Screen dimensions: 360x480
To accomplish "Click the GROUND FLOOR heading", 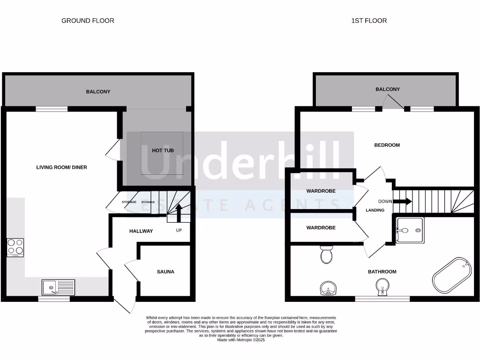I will tap(88, 21).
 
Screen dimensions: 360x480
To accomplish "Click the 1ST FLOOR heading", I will tap(369, 21).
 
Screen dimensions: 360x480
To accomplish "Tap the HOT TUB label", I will tap(163, 150).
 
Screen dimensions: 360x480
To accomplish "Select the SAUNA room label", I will tap(165, 271).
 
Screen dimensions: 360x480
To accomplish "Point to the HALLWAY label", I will tap(141, 231).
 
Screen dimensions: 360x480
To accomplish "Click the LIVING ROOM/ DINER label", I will tap(61, 167).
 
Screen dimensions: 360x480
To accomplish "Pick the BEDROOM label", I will tap(387, 145).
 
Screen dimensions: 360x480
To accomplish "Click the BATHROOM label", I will tap(382, 271).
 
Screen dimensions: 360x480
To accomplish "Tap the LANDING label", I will tap(375, 210).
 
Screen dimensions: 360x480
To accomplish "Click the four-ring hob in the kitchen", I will tap(15, 247).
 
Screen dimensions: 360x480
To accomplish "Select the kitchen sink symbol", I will tap(58, 286).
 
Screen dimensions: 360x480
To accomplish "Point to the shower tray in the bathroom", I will tap(409, 230).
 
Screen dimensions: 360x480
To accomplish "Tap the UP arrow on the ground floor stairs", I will tap(179, 211).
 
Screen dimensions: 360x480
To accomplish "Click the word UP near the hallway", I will tap(179, 231).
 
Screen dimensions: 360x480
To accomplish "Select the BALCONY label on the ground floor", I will tap(98, 92).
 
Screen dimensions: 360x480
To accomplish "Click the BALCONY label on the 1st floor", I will tap(388, 89).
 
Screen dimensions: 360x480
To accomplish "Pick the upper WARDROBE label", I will tap(321, 191).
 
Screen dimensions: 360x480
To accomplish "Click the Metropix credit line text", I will tap(241, 340).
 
